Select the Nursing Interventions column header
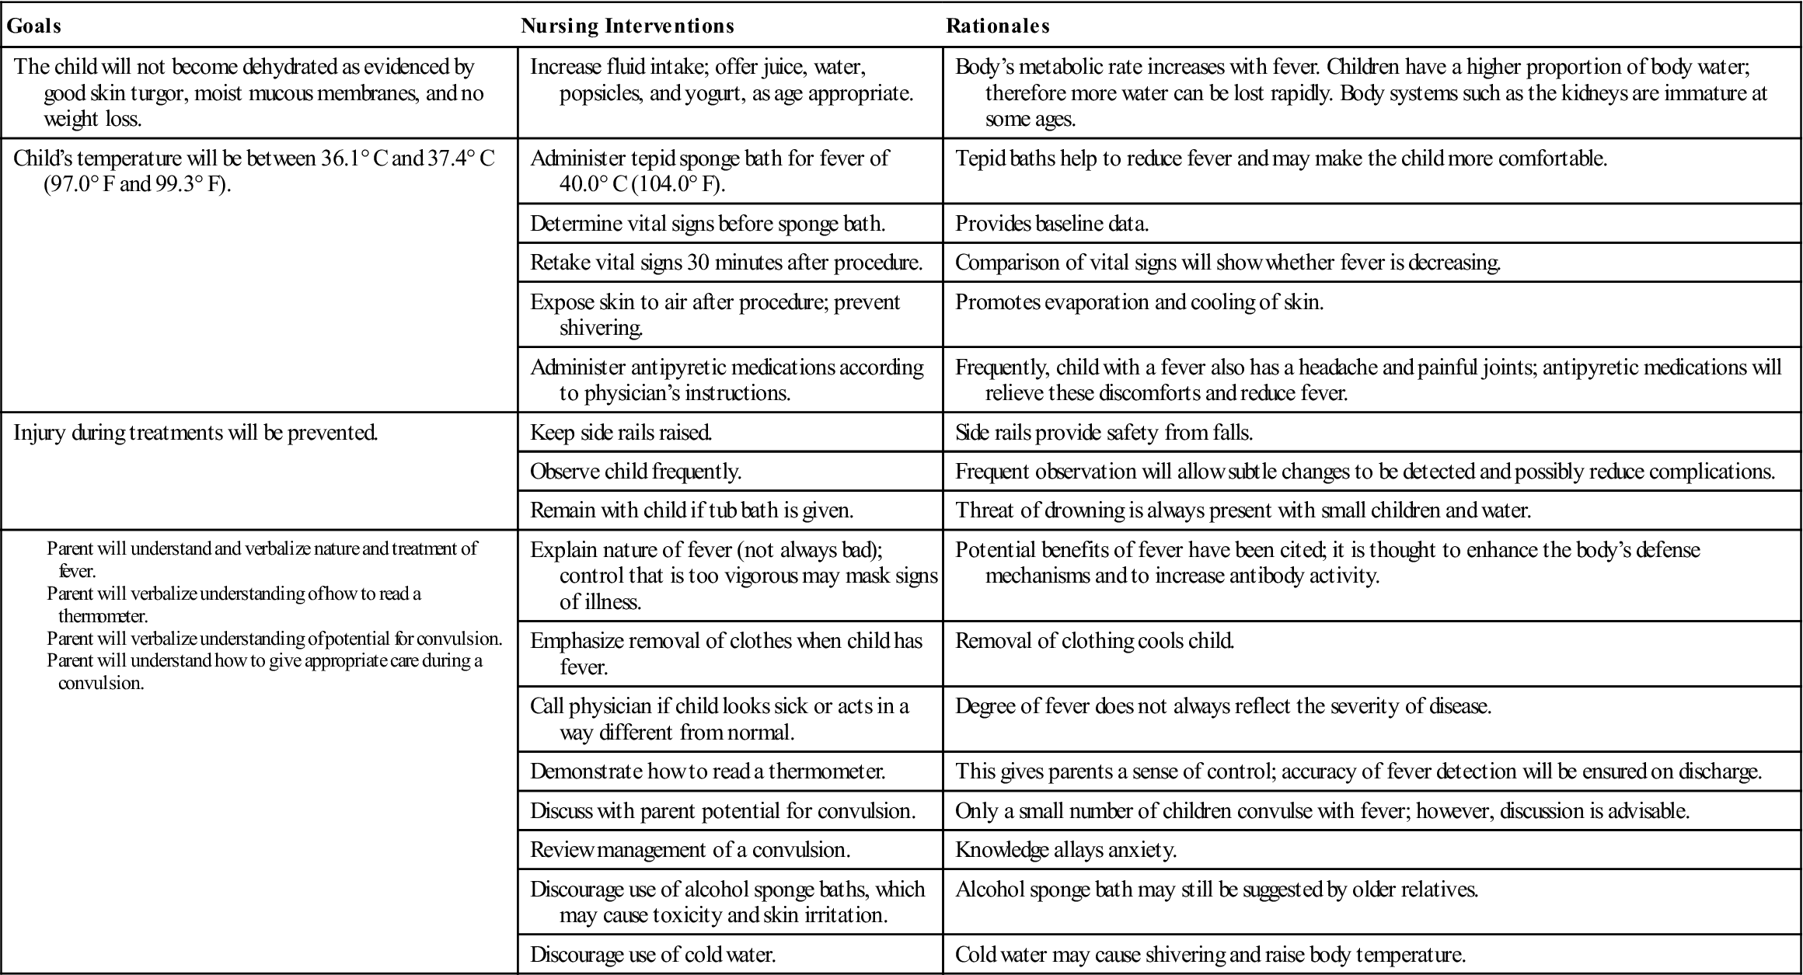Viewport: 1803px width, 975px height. pyautogui.click(x=627, y=26)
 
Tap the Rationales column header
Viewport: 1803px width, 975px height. pyautogui.click(x=997, y=26)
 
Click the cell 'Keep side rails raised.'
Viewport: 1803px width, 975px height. pyautogui.click(x=621, y=433)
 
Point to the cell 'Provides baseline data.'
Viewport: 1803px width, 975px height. pyautogui.click(x=1051, y=224)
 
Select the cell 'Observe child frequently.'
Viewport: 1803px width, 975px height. pyautogui.click(x=636, y=472)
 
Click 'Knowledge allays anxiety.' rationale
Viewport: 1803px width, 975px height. pyautogui.click(x=1065, y=850)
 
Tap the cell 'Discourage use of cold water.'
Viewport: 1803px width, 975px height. pyautogui.click(x=653, y=955)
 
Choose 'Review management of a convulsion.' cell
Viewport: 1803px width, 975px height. pyautogui.click(x=690, y=850)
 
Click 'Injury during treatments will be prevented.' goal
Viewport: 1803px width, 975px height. pyautogui.click(x=196, y=433)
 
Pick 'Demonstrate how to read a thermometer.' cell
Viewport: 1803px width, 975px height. pyautogui.click(x=707, y=771)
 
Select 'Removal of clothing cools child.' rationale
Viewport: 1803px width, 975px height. pyautogui.click(x=1094, y=641)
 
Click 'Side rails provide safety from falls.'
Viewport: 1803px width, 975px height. pyautogui.click(x=1104, y=433)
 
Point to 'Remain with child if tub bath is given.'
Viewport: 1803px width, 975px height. pyautogui.click(x=692, y=510)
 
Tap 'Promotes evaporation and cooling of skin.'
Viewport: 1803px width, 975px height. pyautogui.click(x=1139, y=302)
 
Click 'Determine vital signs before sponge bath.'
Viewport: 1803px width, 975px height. pyautogui.click(x=707, y=224)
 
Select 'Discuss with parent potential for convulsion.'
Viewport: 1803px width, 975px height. pyautogui.click(x=723, y=811)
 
